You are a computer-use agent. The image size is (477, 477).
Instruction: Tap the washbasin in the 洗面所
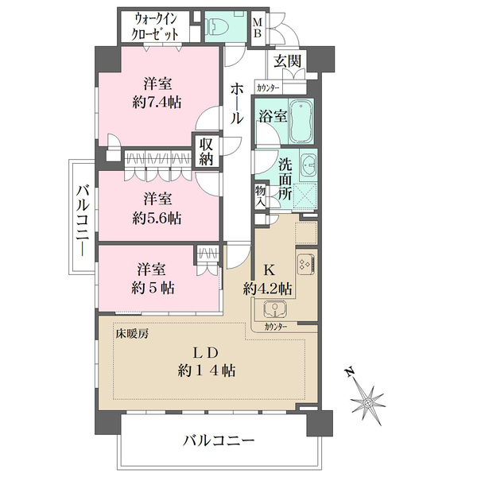[308, 165]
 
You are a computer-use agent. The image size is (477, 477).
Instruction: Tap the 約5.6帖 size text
[157, 215]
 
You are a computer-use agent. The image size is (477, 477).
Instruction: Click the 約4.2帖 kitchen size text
[268, 287]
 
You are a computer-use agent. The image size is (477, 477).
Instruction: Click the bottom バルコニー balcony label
[218, 440]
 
